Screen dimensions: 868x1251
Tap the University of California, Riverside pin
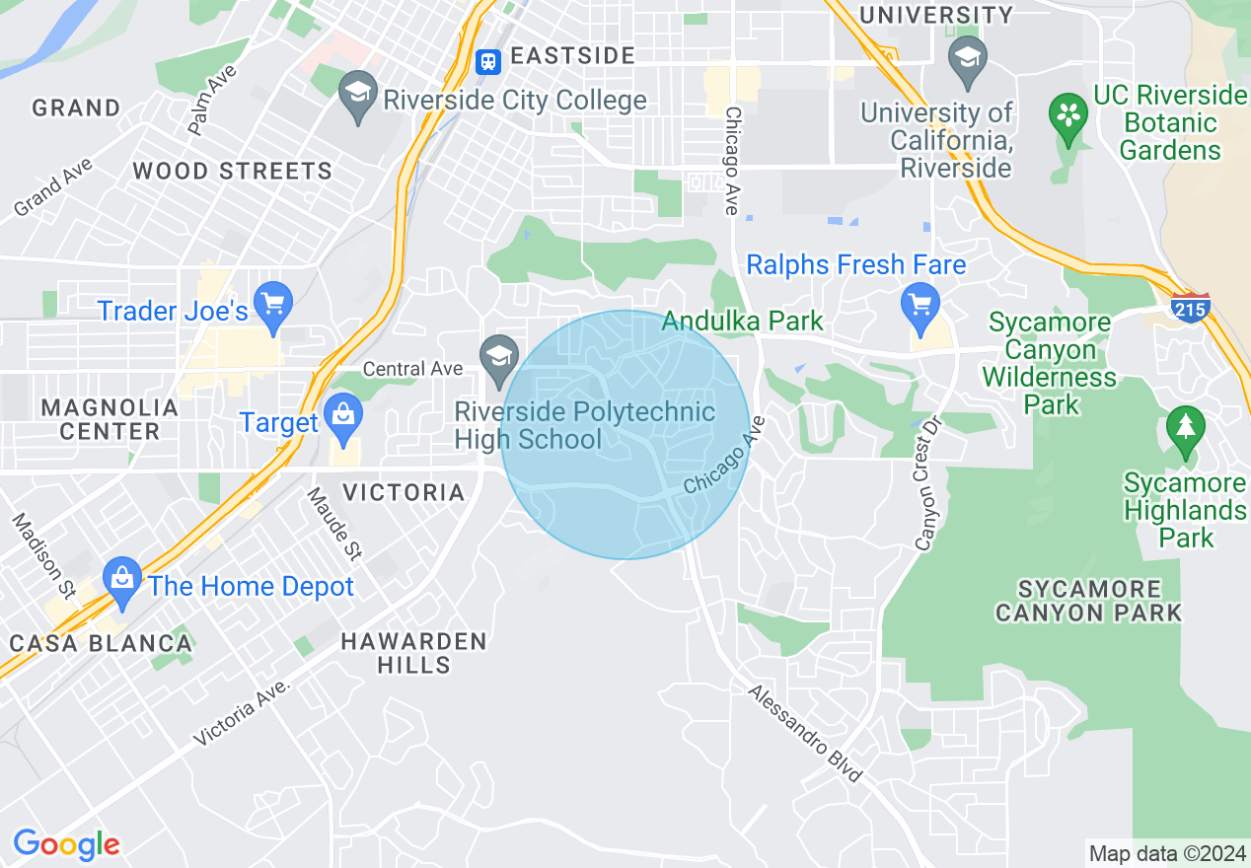coord(967,58)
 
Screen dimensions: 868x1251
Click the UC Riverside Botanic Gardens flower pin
coord(1067,113)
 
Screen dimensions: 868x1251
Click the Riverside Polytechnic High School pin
coord(499,360)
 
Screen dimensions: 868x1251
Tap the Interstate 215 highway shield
coord(1191,308)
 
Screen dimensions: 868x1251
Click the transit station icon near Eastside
coord(487,62)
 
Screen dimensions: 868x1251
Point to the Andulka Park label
coord(742,321)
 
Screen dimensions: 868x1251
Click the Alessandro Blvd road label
coord(805,734)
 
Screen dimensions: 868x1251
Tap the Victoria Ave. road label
coord(244,712)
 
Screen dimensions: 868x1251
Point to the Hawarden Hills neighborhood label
coord(413,653)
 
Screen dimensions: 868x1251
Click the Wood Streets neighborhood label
coord(232,171)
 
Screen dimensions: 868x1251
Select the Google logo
coord(66,844)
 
